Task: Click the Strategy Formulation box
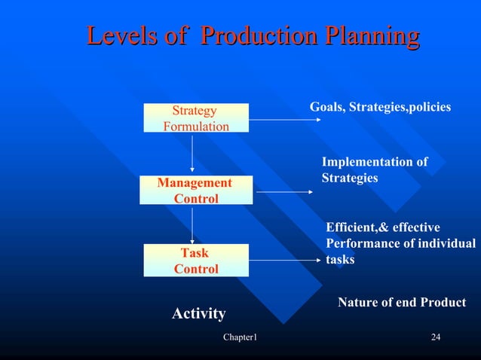(196, 118)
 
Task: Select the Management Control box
(196, 191)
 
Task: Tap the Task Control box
(196, 261)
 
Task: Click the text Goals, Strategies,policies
(380, 108)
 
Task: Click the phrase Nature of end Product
(401, 302)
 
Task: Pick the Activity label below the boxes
(198, 313)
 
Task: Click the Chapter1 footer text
(240, 336)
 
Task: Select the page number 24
(435, 336)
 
